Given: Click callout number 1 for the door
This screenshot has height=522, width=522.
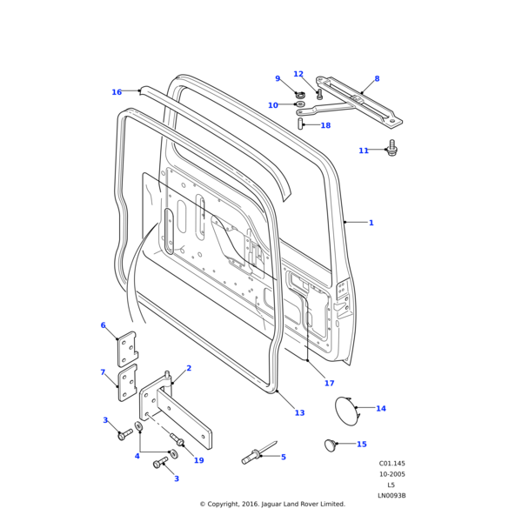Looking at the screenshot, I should (x=371, y=223).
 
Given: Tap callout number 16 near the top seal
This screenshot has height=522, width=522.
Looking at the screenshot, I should (x=117, y=92).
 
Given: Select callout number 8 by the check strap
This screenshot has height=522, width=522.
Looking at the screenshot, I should (x=377, y=79).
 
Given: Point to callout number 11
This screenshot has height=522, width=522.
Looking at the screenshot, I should (x=364, y=151).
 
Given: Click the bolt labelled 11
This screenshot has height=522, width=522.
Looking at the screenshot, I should (x=391, y=148).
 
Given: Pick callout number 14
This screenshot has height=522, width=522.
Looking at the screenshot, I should (x=380, y=408).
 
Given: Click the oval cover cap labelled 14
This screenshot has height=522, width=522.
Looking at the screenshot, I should (x=345, y=410).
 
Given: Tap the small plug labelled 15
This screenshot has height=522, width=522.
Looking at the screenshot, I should (x=330, y=445).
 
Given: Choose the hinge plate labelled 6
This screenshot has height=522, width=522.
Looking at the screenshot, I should (x=128, y=348).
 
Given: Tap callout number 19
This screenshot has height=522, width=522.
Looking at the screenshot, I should (x=198, y=460).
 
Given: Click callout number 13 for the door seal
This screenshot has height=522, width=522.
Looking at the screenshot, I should (x=299, y=413).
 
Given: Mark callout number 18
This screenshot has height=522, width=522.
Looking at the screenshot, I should (x=325, y=125).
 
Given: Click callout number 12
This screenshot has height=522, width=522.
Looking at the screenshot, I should (x=298, y=74).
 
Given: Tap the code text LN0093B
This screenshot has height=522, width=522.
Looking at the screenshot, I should (x=391, y=496).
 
